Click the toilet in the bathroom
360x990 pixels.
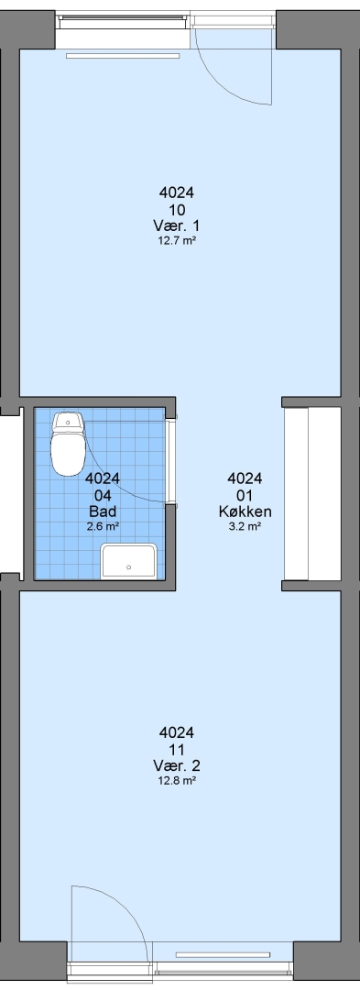[x=68, y=444]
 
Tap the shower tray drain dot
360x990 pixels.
[x=128, y=567]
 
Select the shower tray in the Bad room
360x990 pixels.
[x=128, y=561]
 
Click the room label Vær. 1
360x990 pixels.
[x=177, y=225]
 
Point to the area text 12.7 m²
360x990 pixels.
[x=177, y=240]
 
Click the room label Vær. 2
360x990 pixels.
[x=177, y=765]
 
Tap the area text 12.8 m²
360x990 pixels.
[x=177, y=780]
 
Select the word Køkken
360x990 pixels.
[x=245, y=511]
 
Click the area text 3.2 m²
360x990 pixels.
[x=245, y=526]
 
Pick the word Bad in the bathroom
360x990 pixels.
[x=102, y=511]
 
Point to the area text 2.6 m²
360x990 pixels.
[x=102, y=526]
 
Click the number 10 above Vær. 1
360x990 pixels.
[x=177, y=209]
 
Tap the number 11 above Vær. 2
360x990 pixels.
[x=177, y=750]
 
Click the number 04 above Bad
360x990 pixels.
[x=102, y=495]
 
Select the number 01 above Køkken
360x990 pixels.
[x=245, y=495]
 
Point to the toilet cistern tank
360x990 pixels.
[x=68, y=421]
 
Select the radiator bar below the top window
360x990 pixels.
[x=123, y=56]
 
